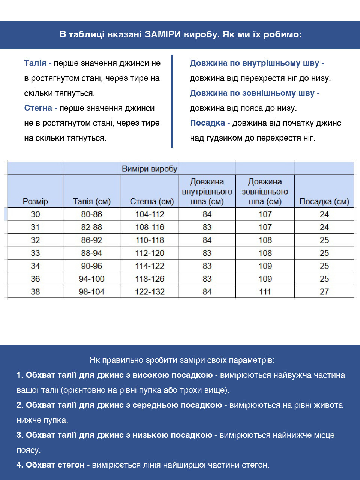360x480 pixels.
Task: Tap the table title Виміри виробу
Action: [149, 169]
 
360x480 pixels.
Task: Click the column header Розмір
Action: [35, 201]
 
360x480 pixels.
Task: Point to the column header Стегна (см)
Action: [151, 201]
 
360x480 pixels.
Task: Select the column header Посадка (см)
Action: [324, 201]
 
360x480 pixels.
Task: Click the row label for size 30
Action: [35, 214]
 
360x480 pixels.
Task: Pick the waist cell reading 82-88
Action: [91, 227]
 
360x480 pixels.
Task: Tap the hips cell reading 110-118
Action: [150, 240]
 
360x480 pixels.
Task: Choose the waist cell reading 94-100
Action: [91, 279]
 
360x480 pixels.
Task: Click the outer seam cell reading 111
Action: [265, 292]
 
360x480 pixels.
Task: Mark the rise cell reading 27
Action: [324, 292]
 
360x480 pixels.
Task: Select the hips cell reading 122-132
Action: [150, 292]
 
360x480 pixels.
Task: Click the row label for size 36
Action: [35, 279]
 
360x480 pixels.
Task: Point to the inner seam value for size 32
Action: [207, 240]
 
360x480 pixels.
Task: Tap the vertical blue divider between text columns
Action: [172, 101]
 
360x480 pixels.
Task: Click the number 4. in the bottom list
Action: [20, 465]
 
